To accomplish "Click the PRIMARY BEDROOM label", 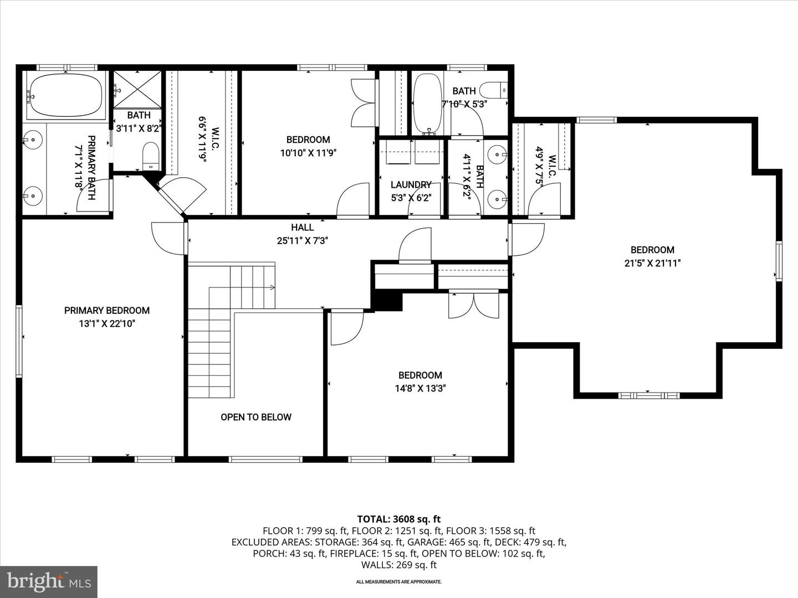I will point(106,311).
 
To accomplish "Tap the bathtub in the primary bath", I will point(66,95).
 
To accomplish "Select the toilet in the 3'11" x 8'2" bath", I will point(151,156).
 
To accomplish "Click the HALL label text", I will point(303,227).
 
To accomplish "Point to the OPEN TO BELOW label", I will point(255,417).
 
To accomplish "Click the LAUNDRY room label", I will point(411,184).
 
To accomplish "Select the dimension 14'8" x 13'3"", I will point(420,389).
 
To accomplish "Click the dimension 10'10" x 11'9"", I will point(308,153).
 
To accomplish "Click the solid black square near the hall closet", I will point(388,301).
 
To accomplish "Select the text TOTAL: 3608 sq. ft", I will point(398,519).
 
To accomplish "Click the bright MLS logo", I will point(49,581).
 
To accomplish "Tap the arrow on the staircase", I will point(272,287).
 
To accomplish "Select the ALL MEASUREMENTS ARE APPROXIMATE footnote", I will point(398,582).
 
